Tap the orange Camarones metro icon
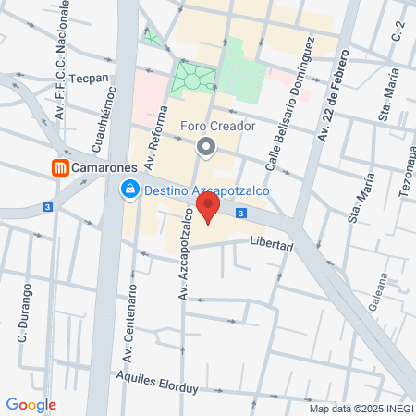(x=60, y=167)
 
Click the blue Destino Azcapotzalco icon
(x=130, y=190)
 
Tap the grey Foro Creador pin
(x=206, y=147)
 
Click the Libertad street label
(x=271, y=247)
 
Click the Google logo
(x=31, y=404)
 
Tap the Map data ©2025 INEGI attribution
(x=360, y=408)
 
